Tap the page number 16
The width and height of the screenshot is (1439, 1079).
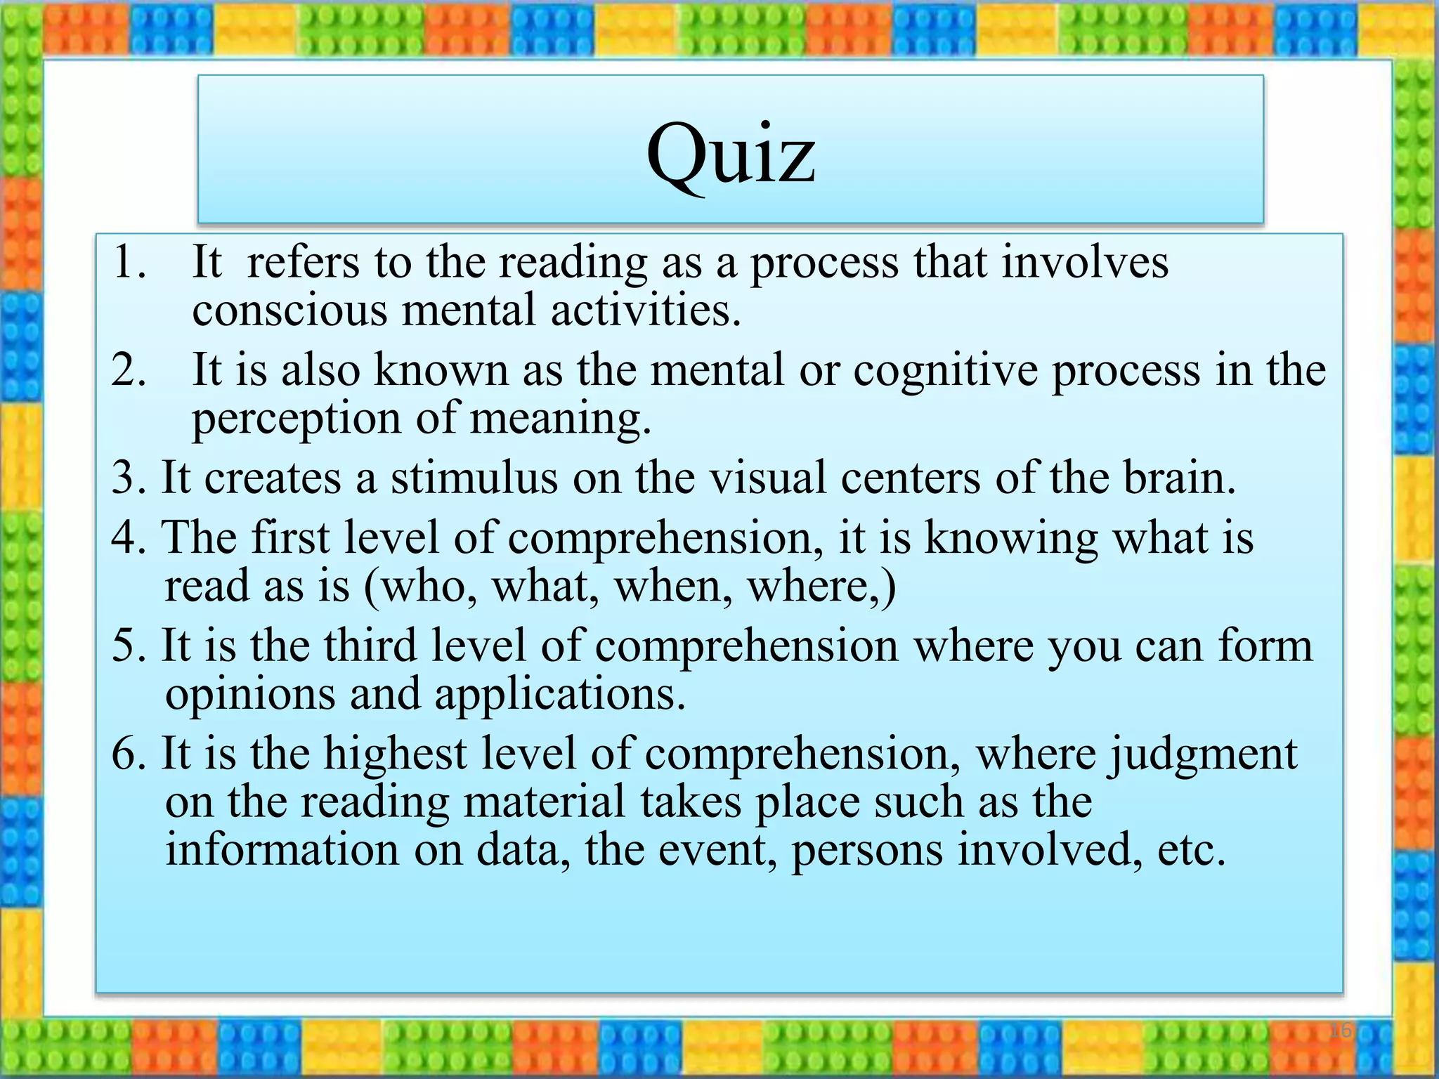coord(1341,1031)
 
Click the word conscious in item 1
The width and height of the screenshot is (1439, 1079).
coord(289,310)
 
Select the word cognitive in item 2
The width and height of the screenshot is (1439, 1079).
coord(945,370)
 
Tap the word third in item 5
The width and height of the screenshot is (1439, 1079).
coord(370,645)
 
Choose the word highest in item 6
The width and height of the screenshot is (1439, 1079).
coord(395,753)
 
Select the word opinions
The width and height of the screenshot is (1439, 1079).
coord(249,695)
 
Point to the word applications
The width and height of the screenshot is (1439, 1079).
coord(559,695)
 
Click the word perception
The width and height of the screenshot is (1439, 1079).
coord(296,419)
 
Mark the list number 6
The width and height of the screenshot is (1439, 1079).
coord(126,753)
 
